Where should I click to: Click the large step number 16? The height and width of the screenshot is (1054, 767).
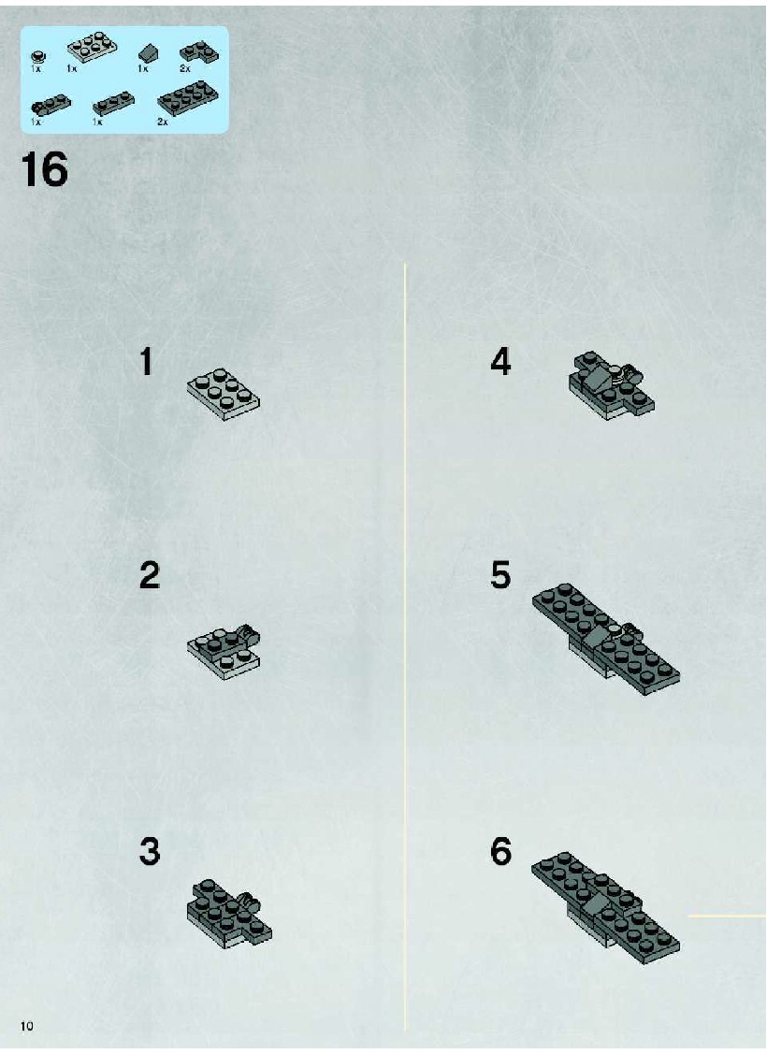(x=45, y=169)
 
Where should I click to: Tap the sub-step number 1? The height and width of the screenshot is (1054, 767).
(x=147, y=361)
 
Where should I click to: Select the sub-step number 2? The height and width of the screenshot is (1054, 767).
(x=150, y=575)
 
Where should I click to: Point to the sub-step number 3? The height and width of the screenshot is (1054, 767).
(x=150, y=850)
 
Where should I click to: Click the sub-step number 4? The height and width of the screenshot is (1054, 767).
(x=500, y=361)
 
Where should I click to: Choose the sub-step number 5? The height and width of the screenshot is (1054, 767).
(x=500, y=575)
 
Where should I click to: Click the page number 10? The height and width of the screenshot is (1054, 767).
(x=27, y=1026)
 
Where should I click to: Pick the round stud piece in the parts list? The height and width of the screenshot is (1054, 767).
(x=39, y=58)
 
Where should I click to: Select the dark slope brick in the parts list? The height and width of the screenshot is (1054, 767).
(x=149, y=54)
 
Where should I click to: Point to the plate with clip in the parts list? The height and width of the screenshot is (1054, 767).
(x=51, y=104)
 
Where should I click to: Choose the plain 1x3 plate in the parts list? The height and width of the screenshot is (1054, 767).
(x=113, y=103)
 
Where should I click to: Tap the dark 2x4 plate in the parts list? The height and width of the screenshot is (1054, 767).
(x=188, y=97)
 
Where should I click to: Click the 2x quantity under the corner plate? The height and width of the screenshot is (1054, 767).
(x=185, y=68)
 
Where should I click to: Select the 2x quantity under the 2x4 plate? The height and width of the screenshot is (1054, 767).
(x=162, y=122)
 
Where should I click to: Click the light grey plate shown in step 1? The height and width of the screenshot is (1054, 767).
(x=224, y=394)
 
